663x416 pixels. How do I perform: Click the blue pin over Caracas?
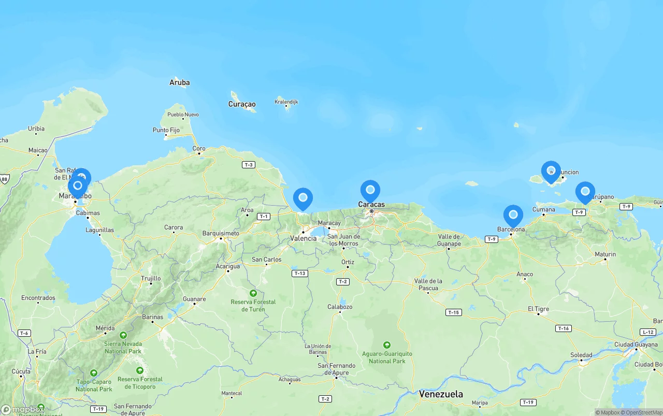370,190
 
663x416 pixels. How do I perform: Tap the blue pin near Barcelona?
513,214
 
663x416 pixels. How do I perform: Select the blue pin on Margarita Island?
551,171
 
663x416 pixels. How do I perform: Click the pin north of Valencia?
302,198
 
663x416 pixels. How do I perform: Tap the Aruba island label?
179,82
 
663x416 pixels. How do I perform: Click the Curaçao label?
242,104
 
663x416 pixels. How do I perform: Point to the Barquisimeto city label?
221,233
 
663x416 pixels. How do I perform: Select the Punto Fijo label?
166,130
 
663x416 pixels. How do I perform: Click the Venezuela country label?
441,394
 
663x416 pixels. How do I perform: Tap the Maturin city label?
605,254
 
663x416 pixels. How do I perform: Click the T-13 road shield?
299,273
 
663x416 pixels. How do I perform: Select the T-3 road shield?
249,165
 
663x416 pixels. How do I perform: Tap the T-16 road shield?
563,328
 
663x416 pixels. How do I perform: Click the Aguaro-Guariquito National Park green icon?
386,345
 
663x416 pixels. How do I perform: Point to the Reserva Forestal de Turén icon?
253,293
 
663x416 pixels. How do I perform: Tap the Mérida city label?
105,328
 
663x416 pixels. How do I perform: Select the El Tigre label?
538,309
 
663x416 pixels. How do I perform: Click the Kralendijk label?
286,102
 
